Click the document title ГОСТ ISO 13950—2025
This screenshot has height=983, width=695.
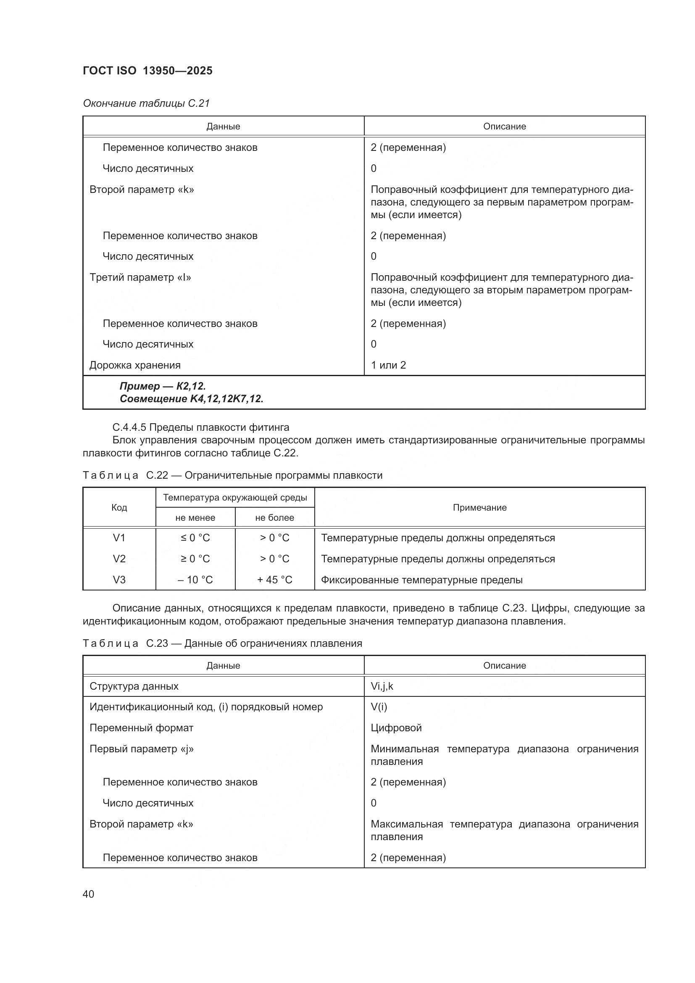pos(147,71)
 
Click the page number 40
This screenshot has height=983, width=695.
pos(88,894)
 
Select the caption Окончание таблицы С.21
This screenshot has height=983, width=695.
pos(146,103)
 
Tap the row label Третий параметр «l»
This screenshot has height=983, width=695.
pos(140,277)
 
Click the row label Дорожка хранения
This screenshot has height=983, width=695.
pos(135,365)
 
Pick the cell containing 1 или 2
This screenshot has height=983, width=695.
pos(388,365)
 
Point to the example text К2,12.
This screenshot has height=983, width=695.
pos(191,386)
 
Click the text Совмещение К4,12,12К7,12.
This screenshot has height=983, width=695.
pos(191,399)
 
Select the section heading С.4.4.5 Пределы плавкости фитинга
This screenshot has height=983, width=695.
pos(201,427)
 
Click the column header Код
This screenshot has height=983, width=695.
pos(119,507)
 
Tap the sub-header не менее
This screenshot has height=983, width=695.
pos(195,518)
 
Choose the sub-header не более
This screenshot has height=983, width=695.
pos(274,518)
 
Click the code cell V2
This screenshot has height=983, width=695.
pos(119,559)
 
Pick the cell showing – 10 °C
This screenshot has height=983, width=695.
pos(195,580)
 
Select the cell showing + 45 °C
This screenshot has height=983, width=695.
pos(274,580)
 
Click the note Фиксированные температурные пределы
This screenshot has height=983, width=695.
pos(421,580)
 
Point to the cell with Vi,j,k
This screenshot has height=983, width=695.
pos(382,686)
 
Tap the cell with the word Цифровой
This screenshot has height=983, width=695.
pos(396,728)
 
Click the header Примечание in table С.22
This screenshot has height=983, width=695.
pos(479,507)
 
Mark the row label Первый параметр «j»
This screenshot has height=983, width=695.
pos(141,749)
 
